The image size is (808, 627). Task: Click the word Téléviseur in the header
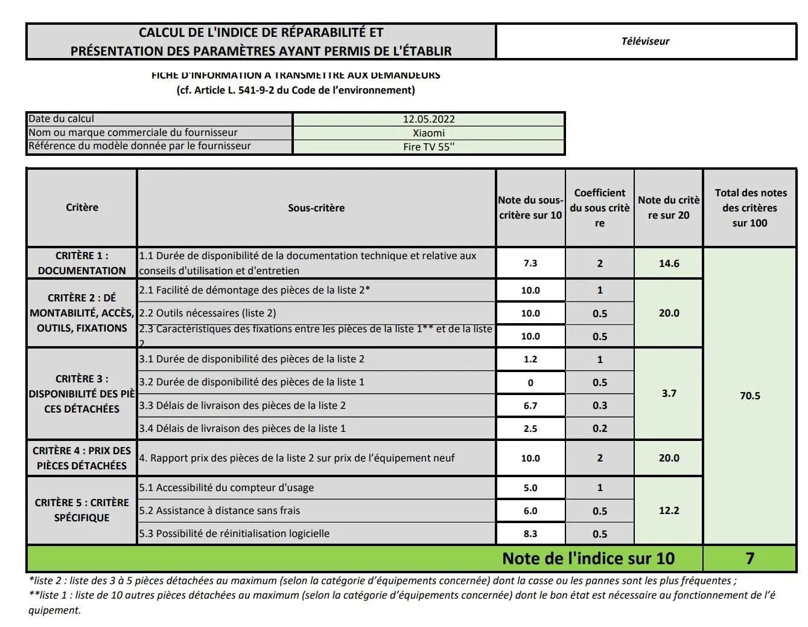(x=645, y=41)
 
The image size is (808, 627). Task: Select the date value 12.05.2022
(x=428, y=119)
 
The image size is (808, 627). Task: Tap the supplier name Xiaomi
(x=428, y=133)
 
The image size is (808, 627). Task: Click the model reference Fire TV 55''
(x=428, y=147)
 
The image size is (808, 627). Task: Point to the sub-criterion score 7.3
(x=530, y=263)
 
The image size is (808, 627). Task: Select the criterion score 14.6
(x=669, y=263)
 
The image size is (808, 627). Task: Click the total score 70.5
(x=749, y=396)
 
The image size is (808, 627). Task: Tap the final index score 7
(x=749, y=558)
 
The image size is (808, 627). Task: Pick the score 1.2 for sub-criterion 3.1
(x=530, y=359)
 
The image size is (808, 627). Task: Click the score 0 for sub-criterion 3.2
(x=530, y=382)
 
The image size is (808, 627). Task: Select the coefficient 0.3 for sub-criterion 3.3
(x=599, y=405)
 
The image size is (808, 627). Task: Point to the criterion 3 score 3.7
(x=669, y=393)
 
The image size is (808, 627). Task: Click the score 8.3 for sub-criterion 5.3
(x=530, y=534)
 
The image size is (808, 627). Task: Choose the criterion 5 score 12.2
(x=669, y=510)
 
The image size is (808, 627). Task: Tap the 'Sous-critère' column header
(x=316, y=208)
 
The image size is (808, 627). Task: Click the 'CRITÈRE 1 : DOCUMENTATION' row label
(x=82, y=263)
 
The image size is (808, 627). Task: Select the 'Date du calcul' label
(x=62, y=119)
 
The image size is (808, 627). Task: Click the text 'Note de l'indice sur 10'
(x=588, y=558)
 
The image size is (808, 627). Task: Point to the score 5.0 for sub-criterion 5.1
(x=530, y=487)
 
